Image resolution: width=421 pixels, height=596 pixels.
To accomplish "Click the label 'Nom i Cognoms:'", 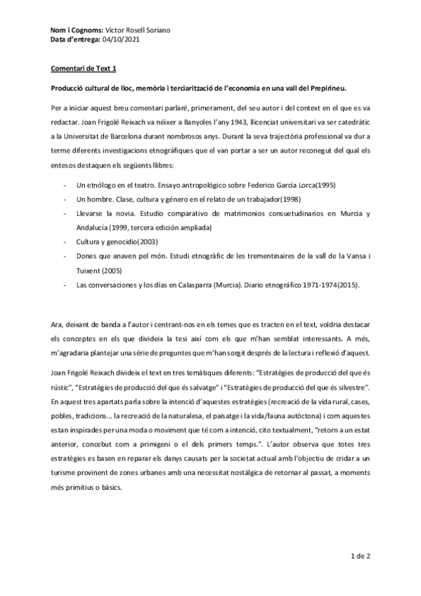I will point(76,32).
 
